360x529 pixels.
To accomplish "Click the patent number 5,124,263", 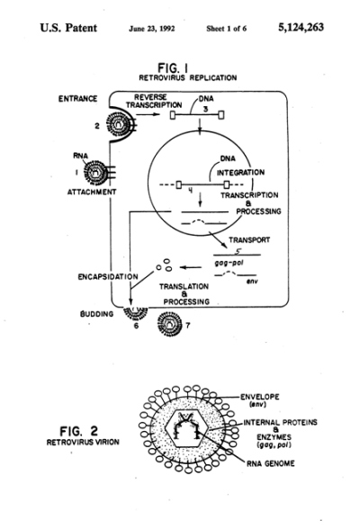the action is (x=301, y=27).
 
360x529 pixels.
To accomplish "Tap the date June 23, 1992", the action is (x=152, y=29).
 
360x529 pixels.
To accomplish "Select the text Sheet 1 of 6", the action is (x=227, y=29).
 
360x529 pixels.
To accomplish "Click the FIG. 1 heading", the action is (x=173, y=67).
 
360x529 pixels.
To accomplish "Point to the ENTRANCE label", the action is (x=78, y=99).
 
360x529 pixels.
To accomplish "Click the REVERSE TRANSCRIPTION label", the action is (x=154, y=101).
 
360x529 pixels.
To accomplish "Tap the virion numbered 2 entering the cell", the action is (x=119, y=124).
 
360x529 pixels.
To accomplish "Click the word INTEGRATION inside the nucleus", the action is (x=240, y=173).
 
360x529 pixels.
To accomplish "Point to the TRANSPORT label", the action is (x=249, y=240).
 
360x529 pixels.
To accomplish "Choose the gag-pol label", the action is (x=229, y=263).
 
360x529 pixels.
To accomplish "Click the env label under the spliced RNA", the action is (x=252, y=281).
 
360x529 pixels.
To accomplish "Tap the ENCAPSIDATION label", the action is (x=108, y=277).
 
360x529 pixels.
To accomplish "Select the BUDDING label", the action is (x=96, y=314).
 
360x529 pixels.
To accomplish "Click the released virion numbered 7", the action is (x=170, y=324).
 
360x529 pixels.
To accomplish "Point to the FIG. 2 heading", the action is (x=78, y=431).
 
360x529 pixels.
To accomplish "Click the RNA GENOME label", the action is (x=271, y=463).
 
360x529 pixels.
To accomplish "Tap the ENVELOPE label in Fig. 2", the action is (x=260, y=397).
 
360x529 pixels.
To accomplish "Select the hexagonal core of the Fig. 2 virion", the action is (x=186, y=429).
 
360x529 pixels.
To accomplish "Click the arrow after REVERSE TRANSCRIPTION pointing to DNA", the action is (x=148, y=114).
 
